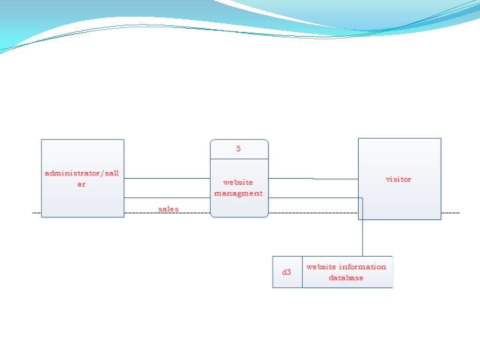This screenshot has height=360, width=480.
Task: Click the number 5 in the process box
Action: (x=239, y=149)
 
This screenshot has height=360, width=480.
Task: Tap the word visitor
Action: (x=399, y=179)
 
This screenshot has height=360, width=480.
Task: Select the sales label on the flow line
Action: (x=169, y=209)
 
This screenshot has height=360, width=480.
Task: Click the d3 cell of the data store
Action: (x=287, y=272)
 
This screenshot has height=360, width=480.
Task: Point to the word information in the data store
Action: (x=363, y=267)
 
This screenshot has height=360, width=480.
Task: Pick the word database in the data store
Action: (x=346, y=278)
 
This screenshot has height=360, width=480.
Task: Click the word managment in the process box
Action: (x=239, y=193)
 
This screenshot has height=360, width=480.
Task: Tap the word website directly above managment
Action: (x=238, y=182)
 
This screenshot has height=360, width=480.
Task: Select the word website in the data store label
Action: (x=321, y=267)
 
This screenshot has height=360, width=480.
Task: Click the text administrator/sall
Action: (x=82, y=173)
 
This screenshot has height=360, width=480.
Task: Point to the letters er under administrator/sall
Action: (x=81, y=184)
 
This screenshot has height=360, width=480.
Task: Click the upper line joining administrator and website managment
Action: (x=167, y=178)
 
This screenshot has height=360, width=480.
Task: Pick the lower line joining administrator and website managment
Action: (x=167, y=198)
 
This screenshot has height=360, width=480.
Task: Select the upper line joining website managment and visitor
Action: (x=313, y=178)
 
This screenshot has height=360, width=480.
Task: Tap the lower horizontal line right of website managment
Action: (x=313, y=198)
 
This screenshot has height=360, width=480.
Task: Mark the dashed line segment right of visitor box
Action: (x=450, y=213)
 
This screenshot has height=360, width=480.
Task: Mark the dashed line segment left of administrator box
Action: (x=37, y=213)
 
